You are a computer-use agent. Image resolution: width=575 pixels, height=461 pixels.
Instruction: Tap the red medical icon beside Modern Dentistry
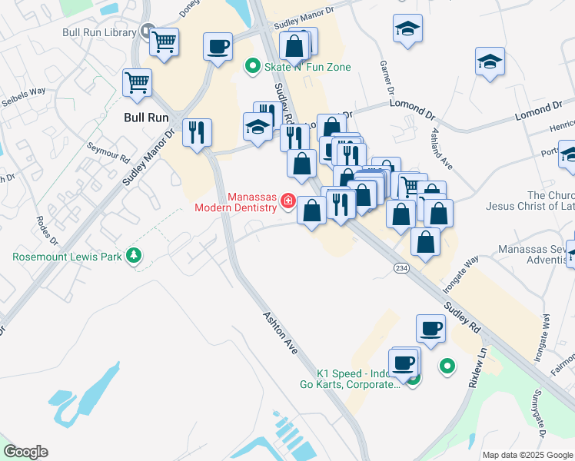click(x=288, y=201)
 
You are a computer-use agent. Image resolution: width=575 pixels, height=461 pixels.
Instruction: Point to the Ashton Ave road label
click(x=280, y=332)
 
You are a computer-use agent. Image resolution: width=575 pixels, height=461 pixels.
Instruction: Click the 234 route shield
click(x=401, y=267)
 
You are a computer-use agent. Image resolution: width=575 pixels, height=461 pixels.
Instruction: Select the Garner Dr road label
click(x=383, y=74)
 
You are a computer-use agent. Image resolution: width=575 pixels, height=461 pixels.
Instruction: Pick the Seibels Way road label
click(x=23, y=98)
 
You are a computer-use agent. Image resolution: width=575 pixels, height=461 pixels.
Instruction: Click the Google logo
click(x=25, y=452)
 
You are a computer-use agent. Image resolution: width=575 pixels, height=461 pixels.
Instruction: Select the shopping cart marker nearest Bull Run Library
click(x=164, y=43)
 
